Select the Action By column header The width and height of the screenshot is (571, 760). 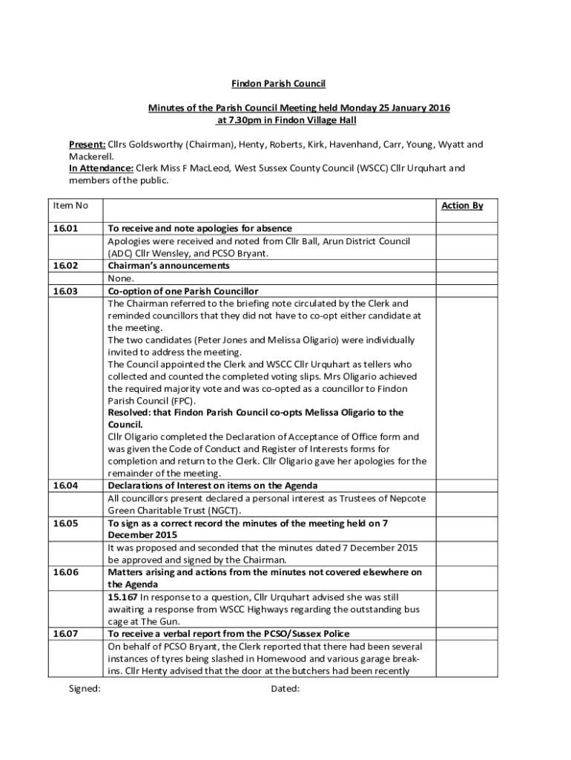[x=462, y=205]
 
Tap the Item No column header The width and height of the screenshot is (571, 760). [x=70, y=205]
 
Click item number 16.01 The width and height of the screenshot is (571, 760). [x=65, y=229]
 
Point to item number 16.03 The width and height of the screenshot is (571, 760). [x=65, y=291]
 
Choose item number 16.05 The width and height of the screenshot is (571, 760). [x=65, y=523]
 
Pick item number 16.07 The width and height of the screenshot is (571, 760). [x=65, y=634]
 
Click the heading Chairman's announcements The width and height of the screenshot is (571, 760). [x=168, y=266]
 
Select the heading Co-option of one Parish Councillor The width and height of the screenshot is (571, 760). [x=182, y=291]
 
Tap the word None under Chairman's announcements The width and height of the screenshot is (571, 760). [x=121, y=278]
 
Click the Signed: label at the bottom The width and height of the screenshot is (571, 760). [x=85, y=689]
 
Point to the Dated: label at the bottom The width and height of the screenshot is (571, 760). [x=285, y=689]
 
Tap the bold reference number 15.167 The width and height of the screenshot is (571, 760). [x=122, y=597]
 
